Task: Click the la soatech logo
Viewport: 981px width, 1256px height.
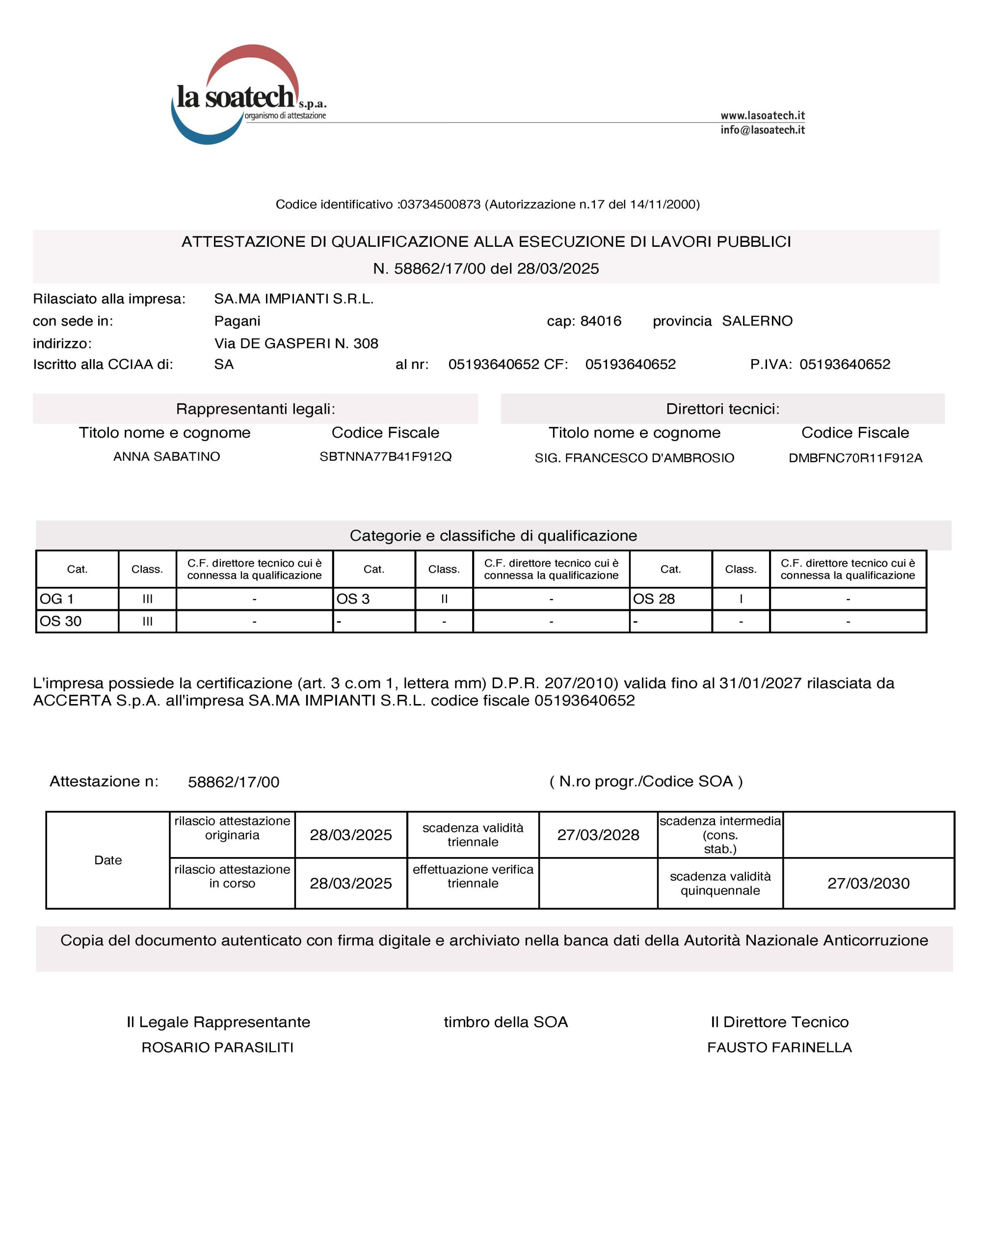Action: (247, 95)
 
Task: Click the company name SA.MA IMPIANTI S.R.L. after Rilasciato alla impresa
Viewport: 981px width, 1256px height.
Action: (293, 299)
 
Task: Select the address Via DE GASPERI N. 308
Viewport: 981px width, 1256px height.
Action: (296, 343)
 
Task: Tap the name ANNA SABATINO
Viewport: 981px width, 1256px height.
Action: (166, 457)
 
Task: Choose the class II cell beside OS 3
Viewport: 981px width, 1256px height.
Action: (444, 599)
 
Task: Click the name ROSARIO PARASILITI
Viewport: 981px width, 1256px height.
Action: (217, 1047)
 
